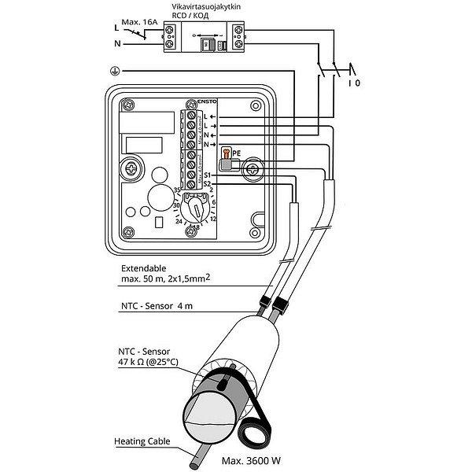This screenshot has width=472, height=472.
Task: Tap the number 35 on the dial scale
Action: coord(178,191)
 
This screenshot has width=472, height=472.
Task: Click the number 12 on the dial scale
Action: coord(212,219)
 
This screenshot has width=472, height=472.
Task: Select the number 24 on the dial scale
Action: coord(179,222)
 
